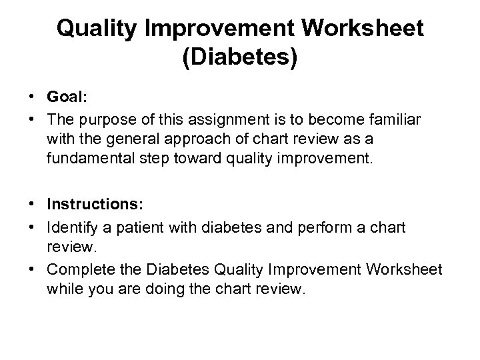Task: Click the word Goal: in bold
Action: pyautogui.click(x=67, y=96)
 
